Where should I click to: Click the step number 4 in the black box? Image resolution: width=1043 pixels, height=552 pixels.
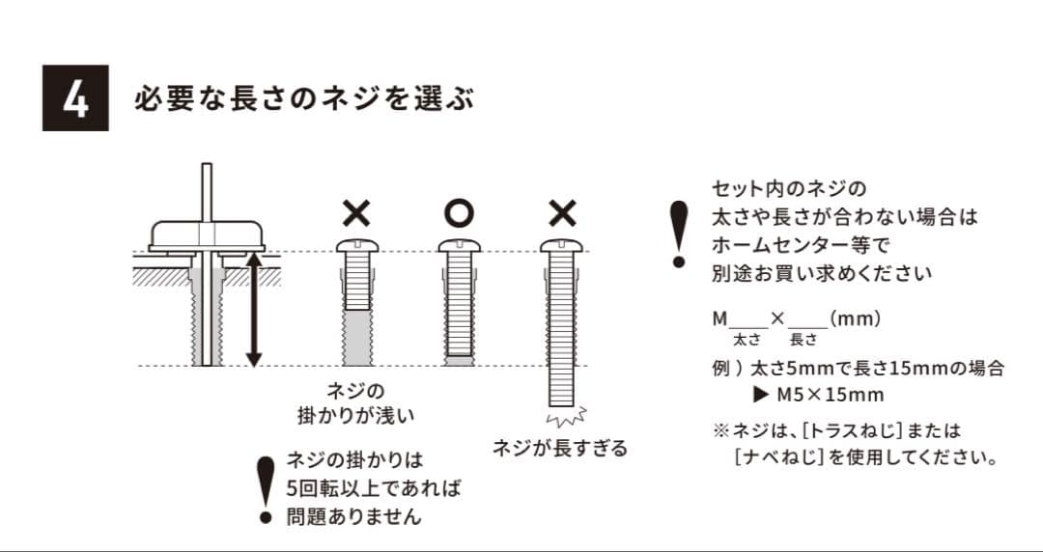tap(75, 98)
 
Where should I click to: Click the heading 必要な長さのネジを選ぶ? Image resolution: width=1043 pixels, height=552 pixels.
tap(304, 99)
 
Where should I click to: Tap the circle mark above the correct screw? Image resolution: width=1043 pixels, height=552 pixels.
tap(458, 210)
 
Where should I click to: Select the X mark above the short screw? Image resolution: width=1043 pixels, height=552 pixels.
tap(355, 210)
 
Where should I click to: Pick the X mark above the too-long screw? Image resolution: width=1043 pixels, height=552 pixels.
tap(561, 210)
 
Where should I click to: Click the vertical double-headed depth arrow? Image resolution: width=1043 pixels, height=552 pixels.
tap(253, 308)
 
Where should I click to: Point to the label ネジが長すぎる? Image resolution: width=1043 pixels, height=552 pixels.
tap(559, 448)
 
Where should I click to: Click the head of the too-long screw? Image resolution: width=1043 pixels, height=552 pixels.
tap(561, 245)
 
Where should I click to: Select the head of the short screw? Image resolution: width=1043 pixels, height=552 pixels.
tap(355, 245)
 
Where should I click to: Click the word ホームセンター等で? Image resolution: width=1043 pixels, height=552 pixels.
tap(799, 244)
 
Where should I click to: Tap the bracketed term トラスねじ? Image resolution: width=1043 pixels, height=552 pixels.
tap(852, 430)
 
